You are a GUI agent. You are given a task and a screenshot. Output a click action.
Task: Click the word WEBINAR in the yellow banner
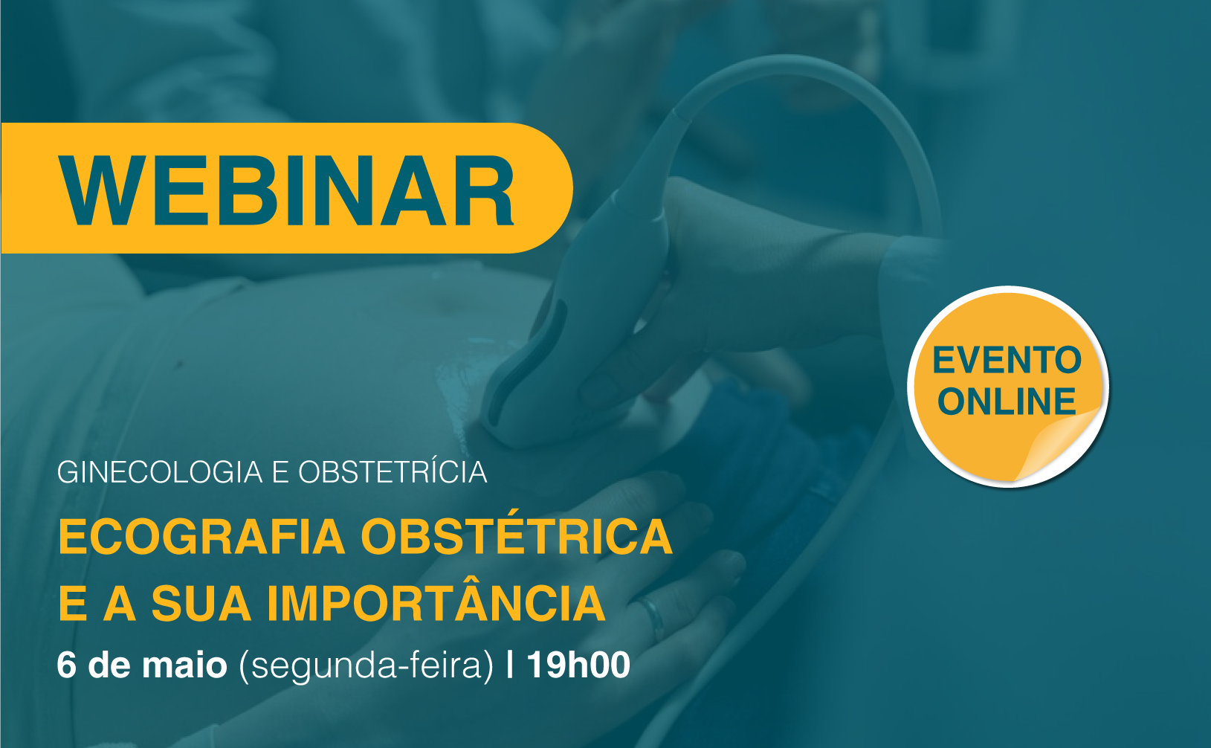click(x=286, y=190)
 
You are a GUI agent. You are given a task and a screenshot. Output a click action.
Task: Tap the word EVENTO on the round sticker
click(x=1007, y=360)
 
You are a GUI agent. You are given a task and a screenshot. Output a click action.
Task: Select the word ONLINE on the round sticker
click(x=1007, y=402)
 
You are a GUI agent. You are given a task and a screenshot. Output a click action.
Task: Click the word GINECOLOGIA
click(x=160, y=472)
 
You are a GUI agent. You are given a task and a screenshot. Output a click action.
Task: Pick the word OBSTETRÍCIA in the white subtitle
click(x=393, y=471)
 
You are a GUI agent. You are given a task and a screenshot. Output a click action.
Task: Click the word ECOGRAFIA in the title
click(x=201, y=537)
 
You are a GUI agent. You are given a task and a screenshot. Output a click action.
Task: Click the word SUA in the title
click(x=201, y=603)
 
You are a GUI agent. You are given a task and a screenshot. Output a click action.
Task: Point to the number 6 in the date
click(x=66, y=665)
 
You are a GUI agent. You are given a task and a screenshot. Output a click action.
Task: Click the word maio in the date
click(x=184, y=665)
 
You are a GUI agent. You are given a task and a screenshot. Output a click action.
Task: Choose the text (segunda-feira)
click(x=366, y=665)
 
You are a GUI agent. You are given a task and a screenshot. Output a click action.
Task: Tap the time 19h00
click(x=578, y=665)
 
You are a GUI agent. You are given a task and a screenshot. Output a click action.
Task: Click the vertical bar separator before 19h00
click(x=510, y=665)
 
